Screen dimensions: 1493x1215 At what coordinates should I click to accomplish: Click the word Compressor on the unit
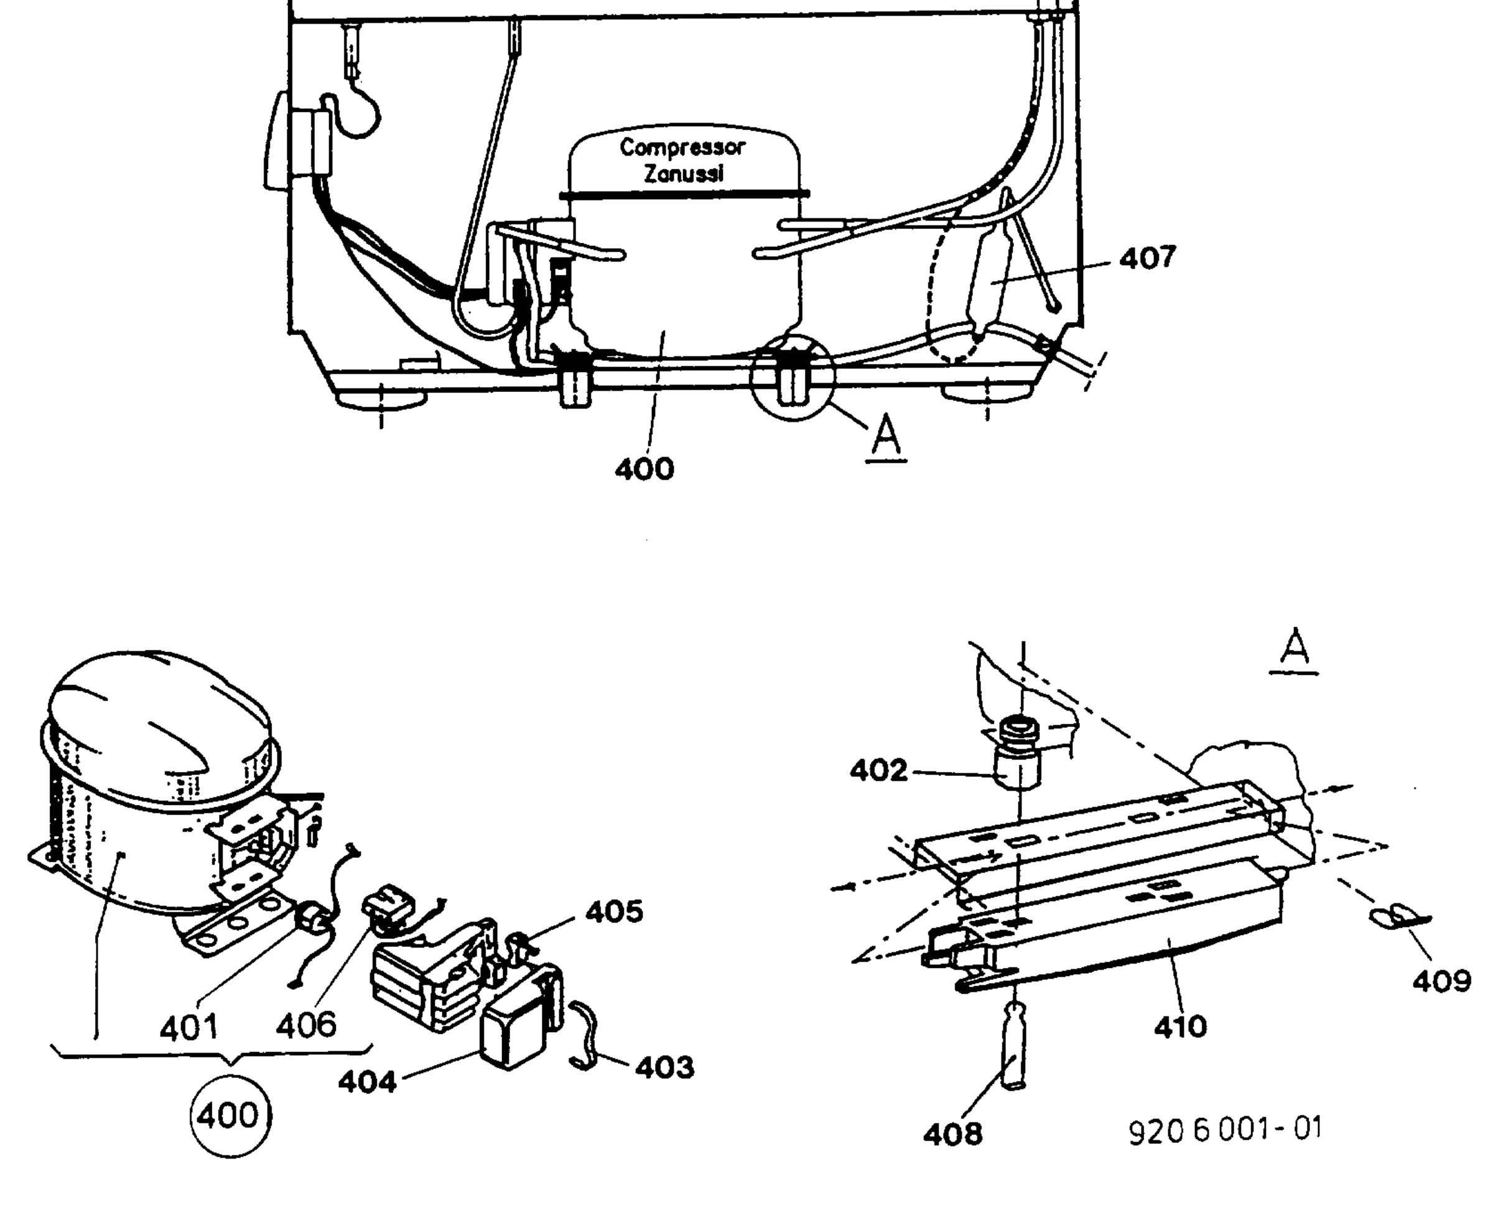(x=682, y=147)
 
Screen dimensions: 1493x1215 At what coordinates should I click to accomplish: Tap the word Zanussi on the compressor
(x=683, y=174)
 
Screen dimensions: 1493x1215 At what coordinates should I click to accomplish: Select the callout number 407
(x=1147, y=258)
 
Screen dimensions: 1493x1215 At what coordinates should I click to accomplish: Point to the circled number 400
(x=230, y=1115)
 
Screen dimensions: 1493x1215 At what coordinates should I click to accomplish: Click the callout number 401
(x=188, y=1028)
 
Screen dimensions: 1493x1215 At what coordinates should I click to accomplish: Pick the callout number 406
(x=306, y=1025)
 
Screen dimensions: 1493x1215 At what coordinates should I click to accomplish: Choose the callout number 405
(x=614, y=912)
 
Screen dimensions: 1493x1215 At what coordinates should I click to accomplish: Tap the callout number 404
(x=368, y=1082)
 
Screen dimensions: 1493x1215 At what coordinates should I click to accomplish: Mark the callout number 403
(x=665, y=1068)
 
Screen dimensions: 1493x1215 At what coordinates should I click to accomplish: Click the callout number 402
(x=878, y=771)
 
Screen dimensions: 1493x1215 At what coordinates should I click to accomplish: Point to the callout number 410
(x=1181, y=1026)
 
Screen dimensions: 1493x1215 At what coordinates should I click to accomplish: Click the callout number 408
(x=952, y=1134)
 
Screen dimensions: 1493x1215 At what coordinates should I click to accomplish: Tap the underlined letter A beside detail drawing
(x=1294, y=650)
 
